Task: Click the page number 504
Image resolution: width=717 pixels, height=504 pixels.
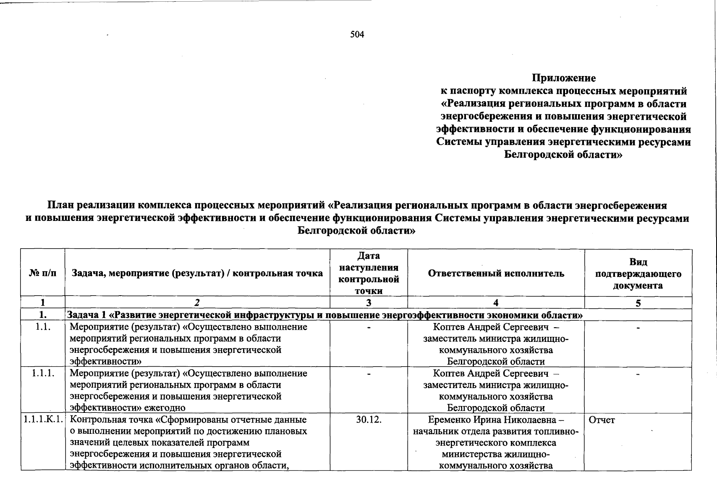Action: pos(357,34)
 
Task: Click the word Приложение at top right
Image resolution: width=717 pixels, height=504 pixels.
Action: pos(564,78)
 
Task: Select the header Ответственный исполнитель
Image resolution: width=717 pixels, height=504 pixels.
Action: pos(496,273)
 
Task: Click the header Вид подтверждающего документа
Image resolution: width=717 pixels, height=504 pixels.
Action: pos(638,274)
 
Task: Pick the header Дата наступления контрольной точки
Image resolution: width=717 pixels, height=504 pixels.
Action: pos(369,273)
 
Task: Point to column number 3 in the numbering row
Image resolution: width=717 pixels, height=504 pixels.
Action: pos(369,303)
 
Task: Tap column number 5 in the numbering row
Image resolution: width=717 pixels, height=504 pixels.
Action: pos(638,303)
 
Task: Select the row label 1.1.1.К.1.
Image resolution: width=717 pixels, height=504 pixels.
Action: pos(43,420)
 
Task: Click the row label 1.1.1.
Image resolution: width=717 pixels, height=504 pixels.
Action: pos(43,373)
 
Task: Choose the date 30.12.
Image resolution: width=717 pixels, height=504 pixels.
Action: pos(369,420)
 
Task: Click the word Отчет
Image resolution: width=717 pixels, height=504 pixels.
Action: pos(602,420)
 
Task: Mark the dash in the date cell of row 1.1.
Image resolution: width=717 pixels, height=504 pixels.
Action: pos(369,327)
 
